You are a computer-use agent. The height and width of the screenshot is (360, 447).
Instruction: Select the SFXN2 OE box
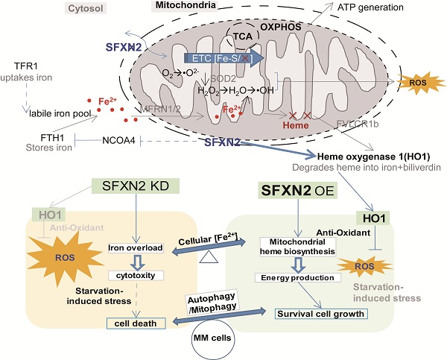click(x=305, y=190)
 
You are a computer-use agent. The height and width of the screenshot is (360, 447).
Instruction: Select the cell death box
click(x=136, y=322)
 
